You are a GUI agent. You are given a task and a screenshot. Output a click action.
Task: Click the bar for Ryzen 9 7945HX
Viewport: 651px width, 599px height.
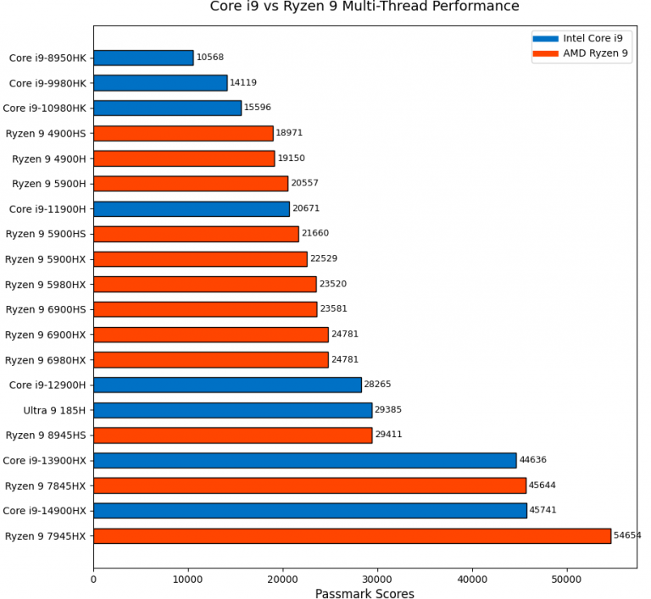352,535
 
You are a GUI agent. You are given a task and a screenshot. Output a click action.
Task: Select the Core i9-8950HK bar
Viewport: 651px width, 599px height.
143,58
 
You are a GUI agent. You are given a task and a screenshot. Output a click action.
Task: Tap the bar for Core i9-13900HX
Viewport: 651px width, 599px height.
304,460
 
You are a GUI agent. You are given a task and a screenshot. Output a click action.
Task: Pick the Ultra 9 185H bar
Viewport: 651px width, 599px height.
232,410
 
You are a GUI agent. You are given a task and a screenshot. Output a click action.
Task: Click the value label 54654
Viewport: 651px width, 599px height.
627,535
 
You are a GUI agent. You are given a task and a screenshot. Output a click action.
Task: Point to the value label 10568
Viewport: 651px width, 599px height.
209,58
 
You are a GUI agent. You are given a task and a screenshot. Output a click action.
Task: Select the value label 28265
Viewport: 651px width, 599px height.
377,385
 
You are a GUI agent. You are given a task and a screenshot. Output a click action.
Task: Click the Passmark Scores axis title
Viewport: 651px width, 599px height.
364,593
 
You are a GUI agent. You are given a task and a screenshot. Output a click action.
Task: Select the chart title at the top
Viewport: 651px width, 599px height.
364,8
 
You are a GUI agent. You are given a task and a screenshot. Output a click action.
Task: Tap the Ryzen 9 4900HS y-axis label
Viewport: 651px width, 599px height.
46,133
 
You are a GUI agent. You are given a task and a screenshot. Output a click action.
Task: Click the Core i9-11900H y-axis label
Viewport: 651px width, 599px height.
47,208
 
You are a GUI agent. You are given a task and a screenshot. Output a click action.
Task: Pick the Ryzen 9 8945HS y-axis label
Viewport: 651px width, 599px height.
46,435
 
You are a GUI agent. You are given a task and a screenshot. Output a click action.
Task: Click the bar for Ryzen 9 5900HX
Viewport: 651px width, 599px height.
200,258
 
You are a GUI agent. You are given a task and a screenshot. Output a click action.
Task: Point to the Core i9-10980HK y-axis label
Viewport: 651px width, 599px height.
45,108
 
